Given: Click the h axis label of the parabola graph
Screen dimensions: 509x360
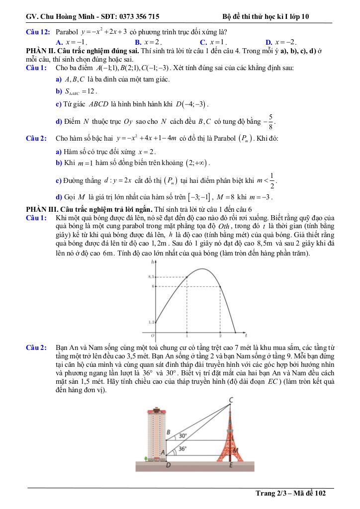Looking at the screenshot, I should pyautogui.click(x=152, y=262).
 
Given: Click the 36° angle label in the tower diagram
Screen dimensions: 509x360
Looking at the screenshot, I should pyautogui.click(x=182, y=448).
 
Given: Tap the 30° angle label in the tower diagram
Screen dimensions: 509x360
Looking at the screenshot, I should pyautogui.click(x=182, y=435).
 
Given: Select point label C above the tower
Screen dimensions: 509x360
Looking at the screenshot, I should pyautogui.click(x=232, y=399).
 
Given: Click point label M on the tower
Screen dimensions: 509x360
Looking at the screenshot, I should pyautogui.click(x=235, y=451).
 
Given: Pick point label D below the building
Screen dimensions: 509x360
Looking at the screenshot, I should pyautogui.click(x=167, y=465).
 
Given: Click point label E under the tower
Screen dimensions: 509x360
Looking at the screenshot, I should pyautogui.click(x=231, y=465).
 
